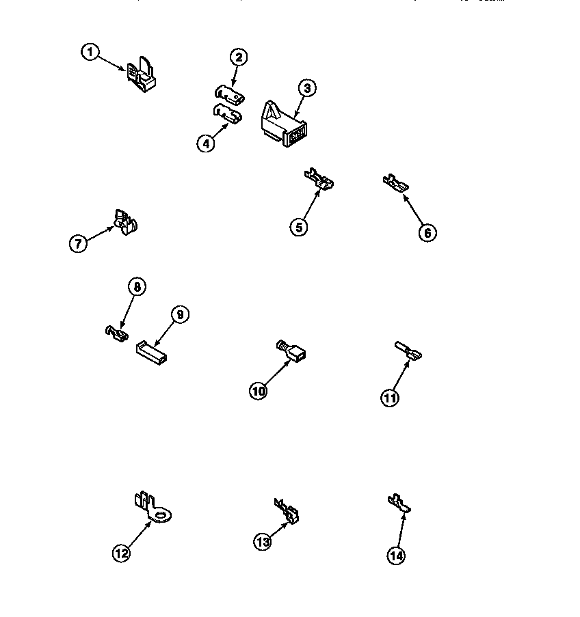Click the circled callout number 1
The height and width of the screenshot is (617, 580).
90,52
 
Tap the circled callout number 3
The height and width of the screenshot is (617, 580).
307,87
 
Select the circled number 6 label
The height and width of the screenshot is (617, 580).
426,232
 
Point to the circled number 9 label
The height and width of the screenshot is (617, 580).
179,314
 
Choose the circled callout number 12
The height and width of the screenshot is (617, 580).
121,553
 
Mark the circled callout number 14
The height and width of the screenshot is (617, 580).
396,556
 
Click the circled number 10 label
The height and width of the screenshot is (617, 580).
259,391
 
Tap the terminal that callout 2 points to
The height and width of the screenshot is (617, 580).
227,94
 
